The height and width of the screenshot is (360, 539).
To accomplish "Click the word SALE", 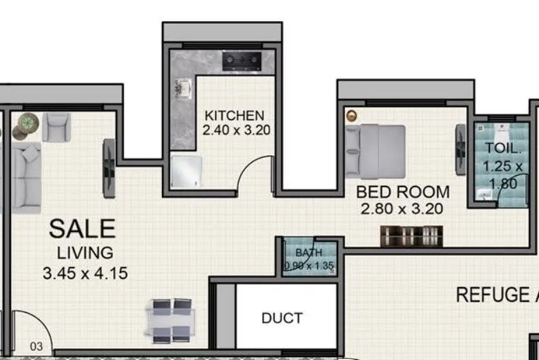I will [x=82, y=229].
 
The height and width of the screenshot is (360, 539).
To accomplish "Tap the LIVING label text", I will [x=84, y=253].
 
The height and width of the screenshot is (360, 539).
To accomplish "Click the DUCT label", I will [x=282, y=318].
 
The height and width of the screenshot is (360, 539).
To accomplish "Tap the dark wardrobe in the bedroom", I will [x=412, y=236].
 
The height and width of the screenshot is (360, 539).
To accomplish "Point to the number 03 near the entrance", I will [x=37, y=346].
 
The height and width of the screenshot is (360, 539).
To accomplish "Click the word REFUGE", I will [x=490, y=295].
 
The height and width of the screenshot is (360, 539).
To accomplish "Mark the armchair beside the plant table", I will [x=56, y=127].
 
